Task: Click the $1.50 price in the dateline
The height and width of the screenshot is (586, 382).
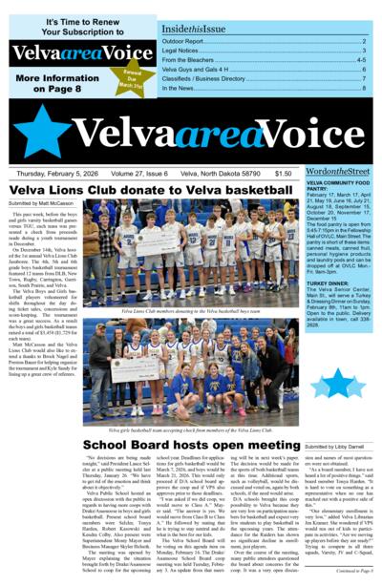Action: (283, 174)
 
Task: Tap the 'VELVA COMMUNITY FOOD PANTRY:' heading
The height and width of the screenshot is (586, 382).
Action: (334, 185)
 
